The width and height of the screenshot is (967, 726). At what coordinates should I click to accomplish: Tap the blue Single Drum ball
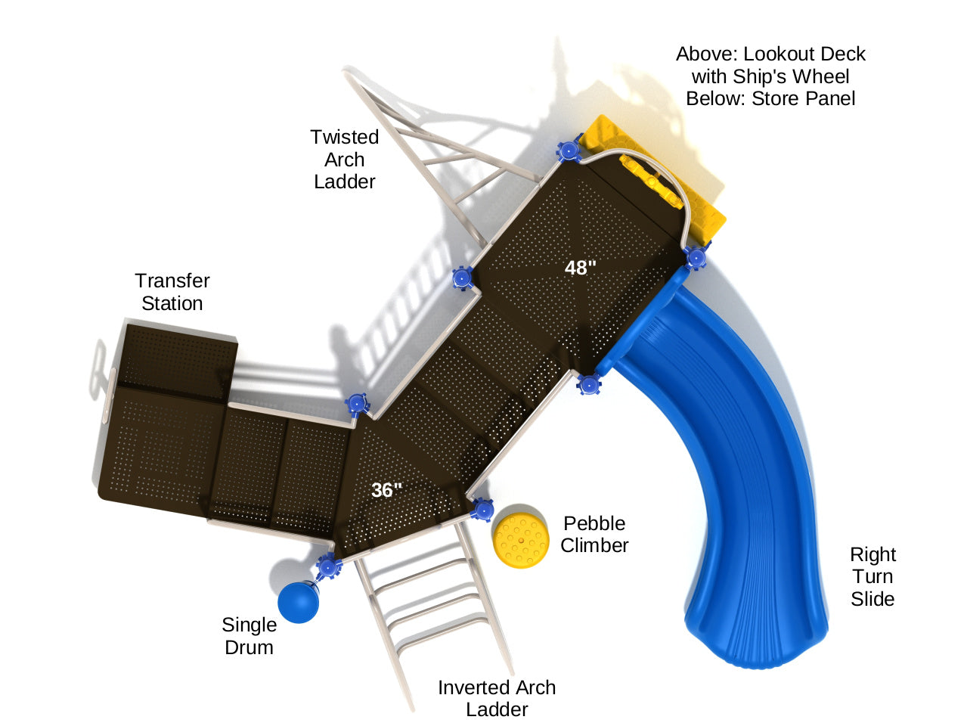(x=299, y=601)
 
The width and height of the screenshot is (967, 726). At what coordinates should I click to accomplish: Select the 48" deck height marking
(x=581, y=268)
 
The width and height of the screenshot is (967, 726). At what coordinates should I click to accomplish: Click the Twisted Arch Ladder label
(x=345, y=160)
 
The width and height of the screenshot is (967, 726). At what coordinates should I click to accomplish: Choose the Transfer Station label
(x=172, y=292)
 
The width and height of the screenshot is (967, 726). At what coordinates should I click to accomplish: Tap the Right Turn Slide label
(x=872, y=576)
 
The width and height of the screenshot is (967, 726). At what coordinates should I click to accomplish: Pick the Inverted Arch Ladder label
(x=497, y=698)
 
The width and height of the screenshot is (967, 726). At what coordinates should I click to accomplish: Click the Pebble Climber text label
(x=594, y=534)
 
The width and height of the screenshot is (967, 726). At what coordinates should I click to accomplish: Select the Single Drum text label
(x=249, y=636)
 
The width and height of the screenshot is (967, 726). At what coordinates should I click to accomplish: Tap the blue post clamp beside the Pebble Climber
(x=482, y=510)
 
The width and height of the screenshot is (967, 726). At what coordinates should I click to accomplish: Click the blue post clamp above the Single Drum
(x=328, y=566)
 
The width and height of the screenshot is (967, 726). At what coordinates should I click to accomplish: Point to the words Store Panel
(x=803, y=98)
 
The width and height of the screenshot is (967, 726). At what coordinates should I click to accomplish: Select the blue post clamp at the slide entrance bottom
(x=589, y=384)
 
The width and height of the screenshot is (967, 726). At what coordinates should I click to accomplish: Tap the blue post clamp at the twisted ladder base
(x=462, y=278)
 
